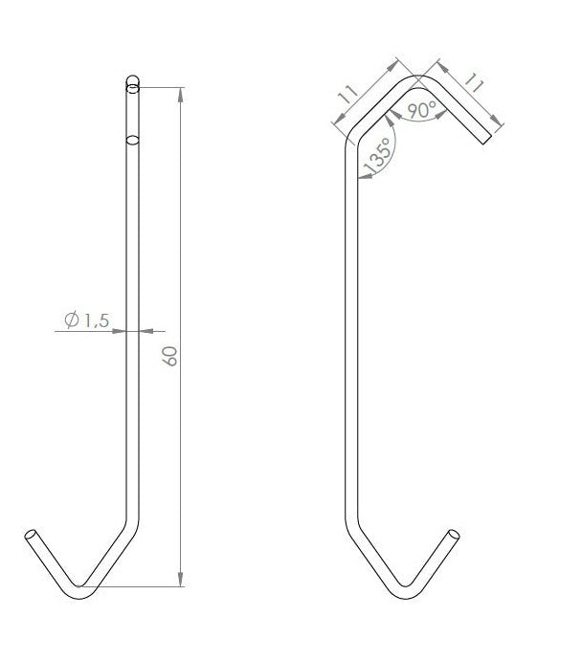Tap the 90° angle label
(x=421, y=110)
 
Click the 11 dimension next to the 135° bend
(x=347, y=95)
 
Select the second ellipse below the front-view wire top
(x=132, y=141)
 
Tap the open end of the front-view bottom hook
(x=32, y=537)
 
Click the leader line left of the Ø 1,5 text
(x=61, y=331)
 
